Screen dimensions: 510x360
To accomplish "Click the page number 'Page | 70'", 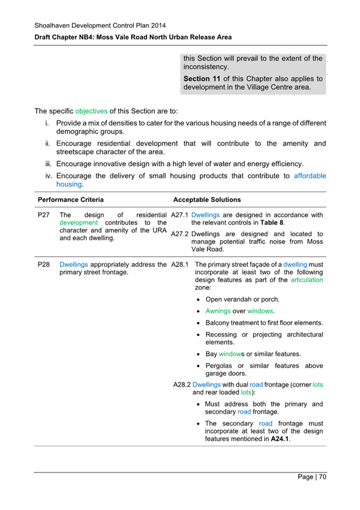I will pyautogui.click(x=312, y=477).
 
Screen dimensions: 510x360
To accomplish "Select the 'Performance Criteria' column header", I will pyautogui.click(x=70, y=200).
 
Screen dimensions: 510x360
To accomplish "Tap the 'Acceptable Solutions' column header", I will pyautogui.click(x=207, y=200).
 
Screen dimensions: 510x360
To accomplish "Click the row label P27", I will pyautogui.click(x=43, y=215).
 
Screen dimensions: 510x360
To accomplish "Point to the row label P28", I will pyautogui.click(x=43, y=264).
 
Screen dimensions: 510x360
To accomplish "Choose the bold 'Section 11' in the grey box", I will pyautogui.click(x=203, y=79).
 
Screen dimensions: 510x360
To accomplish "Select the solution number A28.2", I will pyautogui.click(x=181, y=383).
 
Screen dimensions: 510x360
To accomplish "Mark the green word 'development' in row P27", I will pyautogui.click(x=78, y=223).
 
